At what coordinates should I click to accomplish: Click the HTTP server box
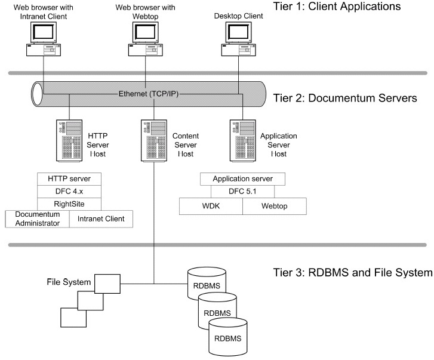point(69,180)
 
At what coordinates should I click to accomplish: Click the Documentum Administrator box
point(37,219)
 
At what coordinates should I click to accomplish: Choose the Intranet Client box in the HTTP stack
point(101,219)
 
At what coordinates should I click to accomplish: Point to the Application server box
point(243,180)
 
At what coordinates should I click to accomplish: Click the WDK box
point(211,206)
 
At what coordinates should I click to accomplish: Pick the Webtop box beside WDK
point(275,206)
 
